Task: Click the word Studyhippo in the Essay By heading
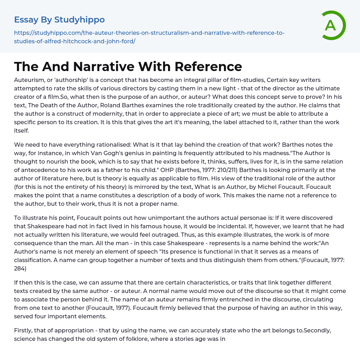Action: (x=79, y=19)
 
